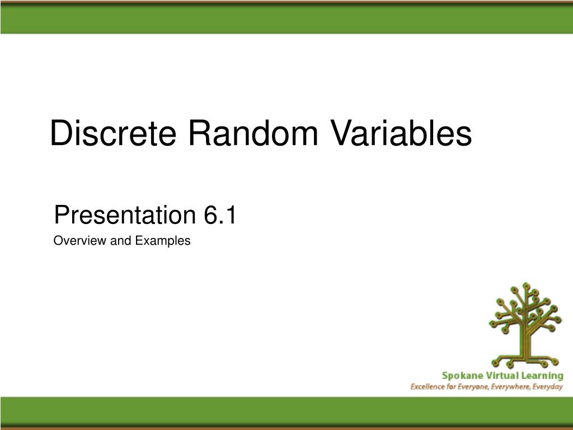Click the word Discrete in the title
(113, 133)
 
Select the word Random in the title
(253, 133)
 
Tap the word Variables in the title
(401, 133)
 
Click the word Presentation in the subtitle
(125, 214)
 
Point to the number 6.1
(220, 214)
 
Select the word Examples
(163, 241)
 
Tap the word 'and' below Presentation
(121, 241)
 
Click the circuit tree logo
(525, 325)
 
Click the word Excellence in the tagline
(425, 387)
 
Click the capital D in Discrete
(60, 133)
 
